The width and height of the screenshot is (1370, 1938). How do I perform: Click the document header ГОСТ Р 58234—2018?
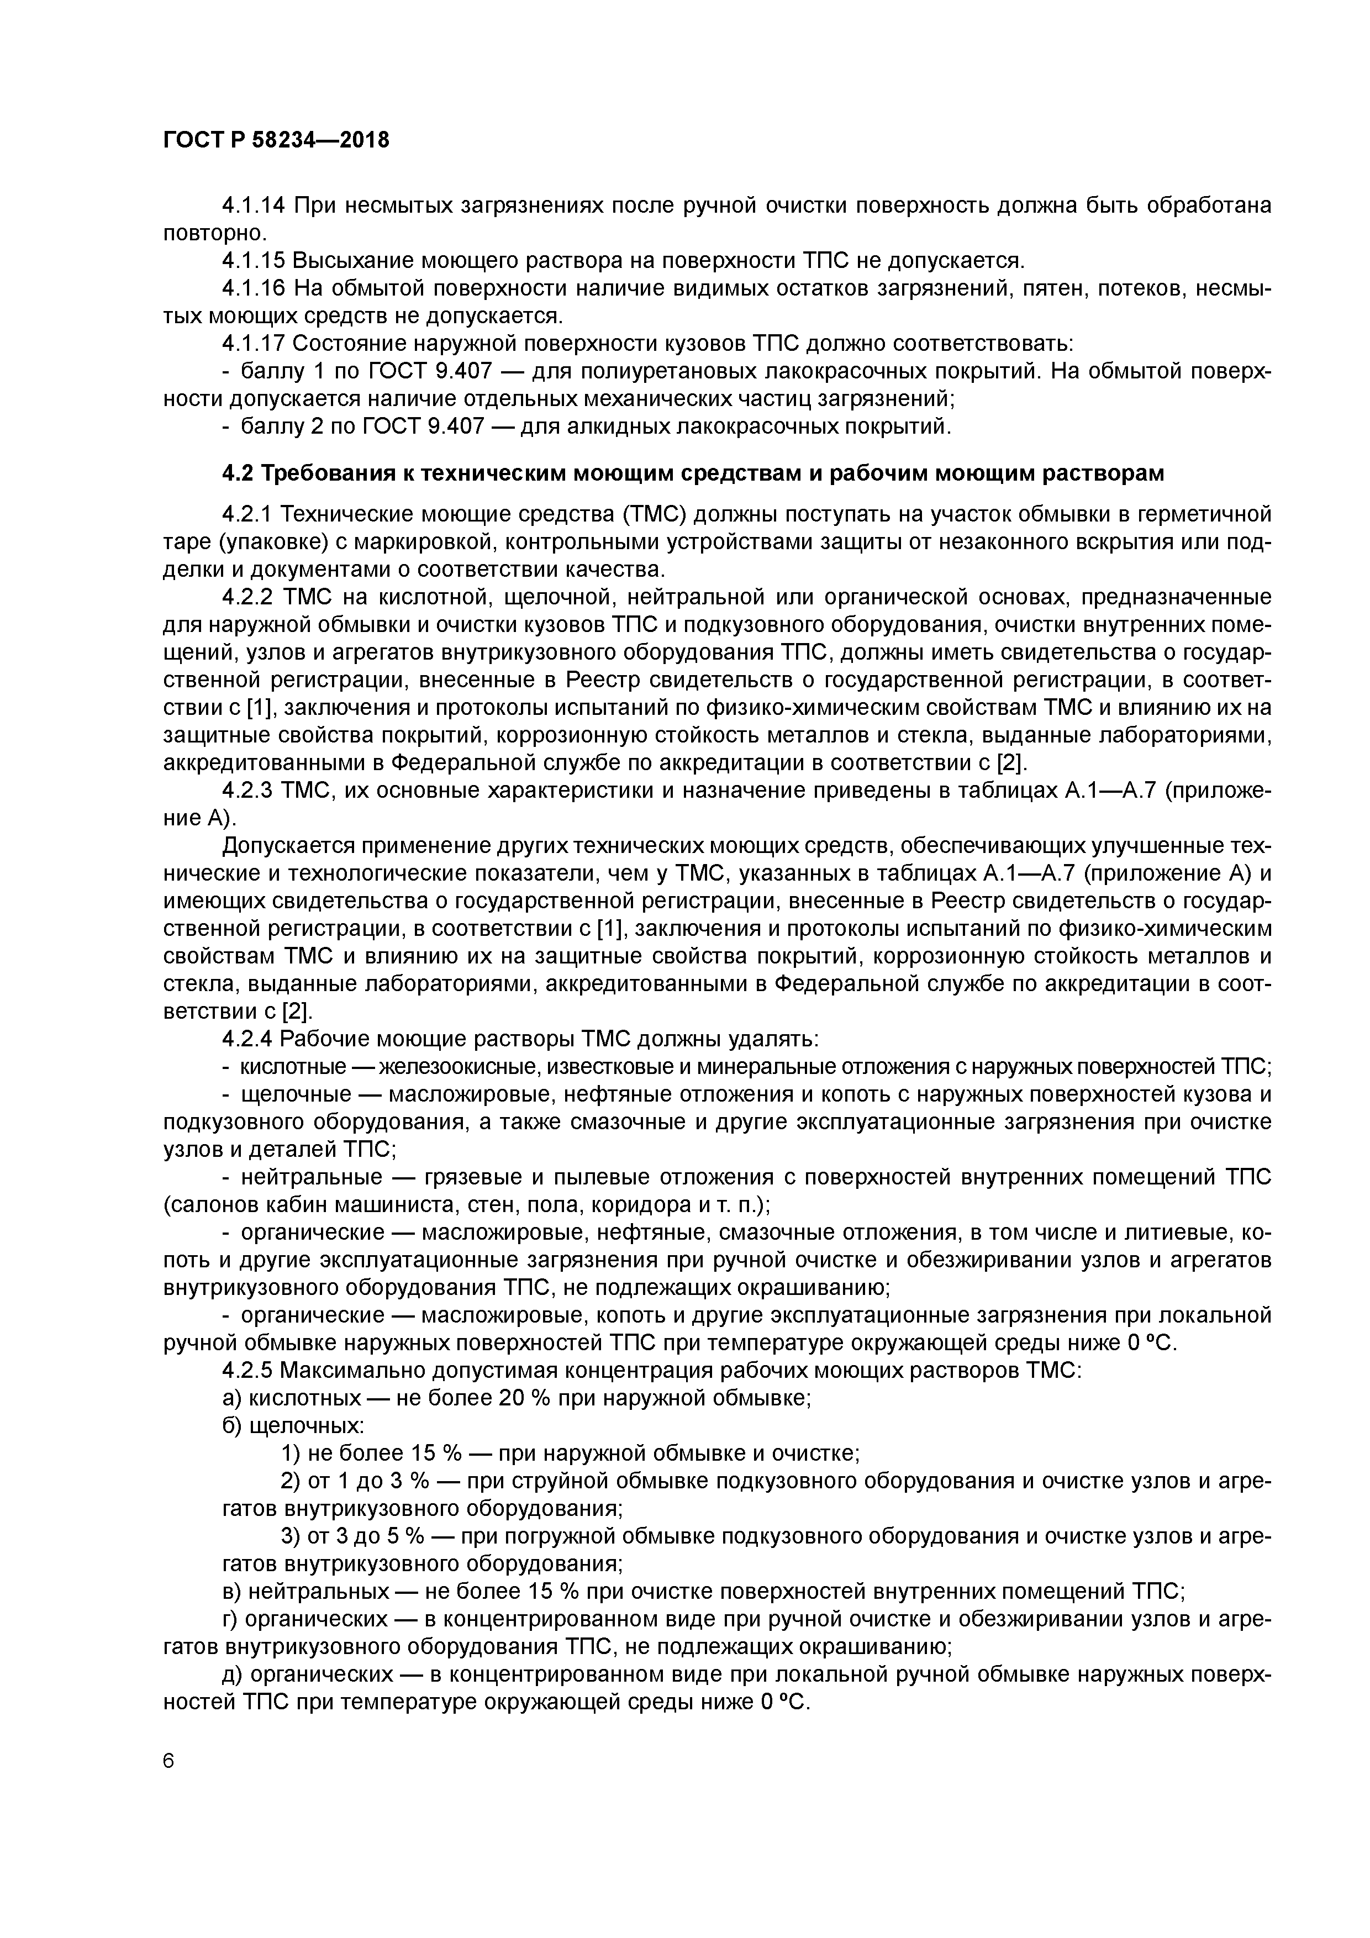coord(276,140)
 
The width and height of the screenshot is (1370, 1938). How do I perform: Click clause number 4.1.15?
coord(253,260)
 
